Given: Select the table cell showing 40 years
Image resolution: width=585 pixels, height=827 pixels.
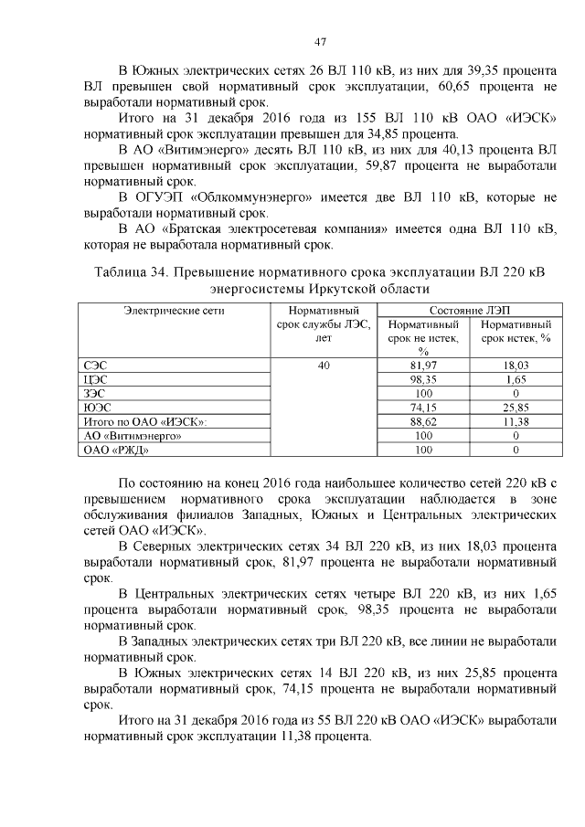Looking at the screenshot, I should [323, 366].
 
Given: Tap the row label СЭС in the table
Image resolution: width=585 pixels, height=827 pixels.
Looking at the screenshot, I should [94, 366].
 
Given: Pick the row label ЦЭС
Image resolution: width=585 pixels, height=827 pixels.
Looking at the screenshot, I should [94, 379].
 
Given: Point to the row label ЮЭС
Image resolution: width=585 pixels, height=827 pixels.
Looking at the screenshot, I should [95, 407].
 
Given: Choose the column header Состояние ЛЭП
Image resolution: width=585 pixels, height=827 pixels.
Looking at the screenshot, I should [469, 310].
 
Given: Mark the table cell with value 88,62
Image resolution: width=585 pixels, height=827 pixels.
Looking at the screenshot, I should [423, 421].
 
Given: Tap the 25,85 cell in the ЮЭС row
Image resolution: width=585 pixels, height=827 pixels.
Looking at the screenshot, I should [516, 407].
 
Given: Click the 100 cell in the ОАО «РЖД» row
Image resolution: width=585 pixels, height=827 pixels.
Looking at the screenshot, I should [423, 449].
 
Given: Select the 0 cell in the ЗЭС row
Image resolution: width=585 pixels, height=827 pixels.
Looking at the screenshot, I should [516, 393].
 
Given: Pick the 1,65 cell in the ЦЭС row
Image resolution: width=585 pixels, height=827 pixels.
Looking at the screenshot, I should [516, 379].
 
